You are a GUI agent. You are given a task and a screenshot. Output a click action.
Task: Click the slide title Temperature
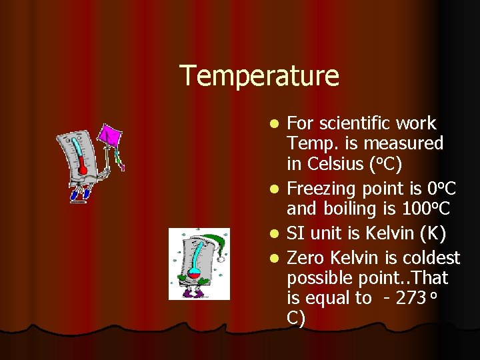[259, 75]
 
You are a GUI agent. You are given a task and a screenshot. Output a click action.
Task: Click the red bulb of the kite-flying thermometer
[83, 169]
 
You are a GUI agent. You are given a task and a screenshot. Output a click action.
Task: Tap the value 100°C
[427, 209]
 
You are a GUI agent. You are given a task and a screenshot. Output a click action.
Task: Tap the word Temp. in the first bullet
[307, 143]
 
